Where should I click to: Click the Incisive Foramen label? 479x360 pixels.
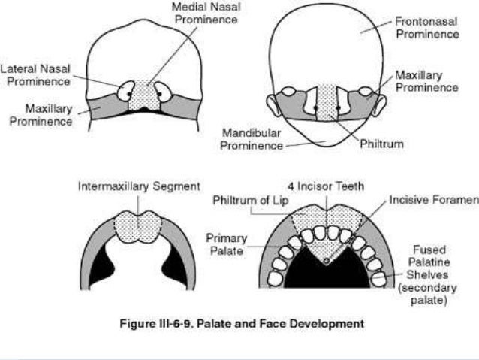pos(433,201)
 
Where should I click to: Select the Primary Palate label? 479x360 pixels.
pos(226,244)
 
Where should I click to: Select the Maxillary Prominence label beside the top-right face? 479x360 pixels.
pos(426,82)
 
